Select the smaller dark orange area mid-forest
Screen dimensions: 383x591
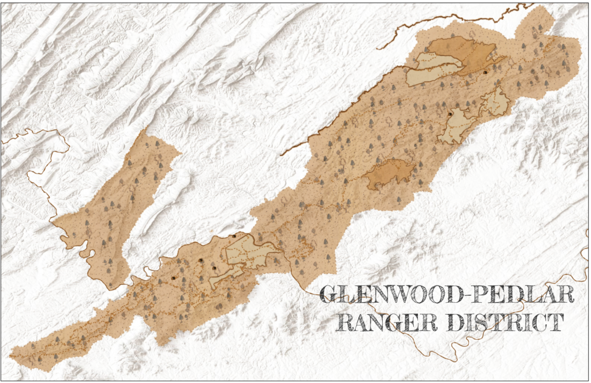point(390,173)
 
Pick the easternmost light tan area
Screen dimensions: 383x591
point(495,102)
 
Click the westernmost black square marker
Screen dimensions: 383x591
point(173,278)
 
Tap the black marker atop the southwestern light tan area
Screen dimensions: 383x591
point(234,236)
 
